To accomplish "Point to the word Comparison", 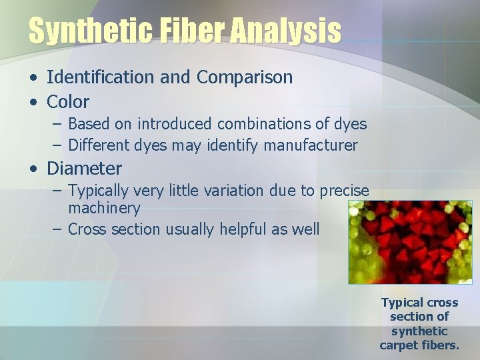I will [245, 77].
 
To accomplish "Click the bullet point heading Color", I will [68, 102].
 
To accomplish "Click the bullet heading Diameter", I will [84, 168].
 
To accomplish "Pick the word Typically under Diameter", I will [99, 191].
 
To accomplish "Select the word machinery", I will [104, 208].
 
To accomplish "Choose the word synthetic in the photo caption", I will [419, 331].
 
